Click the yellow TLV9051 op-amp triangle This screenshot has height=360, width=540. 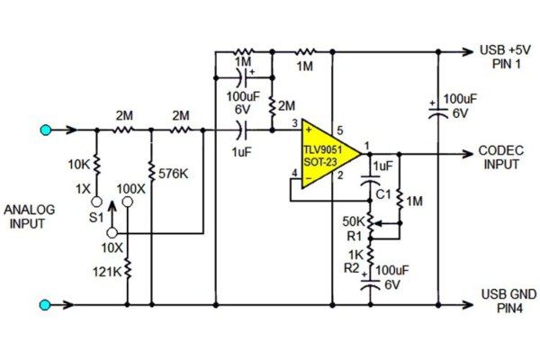click(326, 153)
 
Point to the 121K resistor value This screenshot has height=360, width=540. click(107, 271)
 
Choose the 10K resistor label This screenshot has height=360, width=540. click(78, 166)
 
